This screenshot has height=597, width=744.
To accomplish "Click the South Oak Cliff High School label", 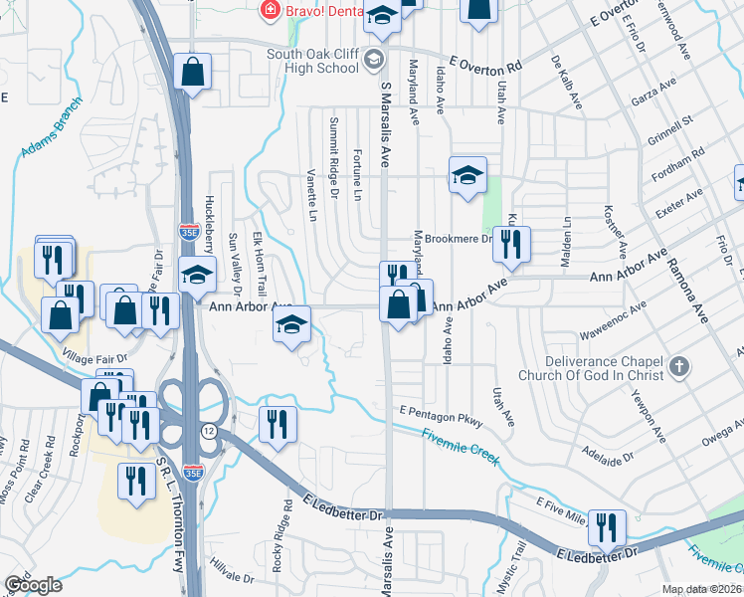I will [x=314, y=60].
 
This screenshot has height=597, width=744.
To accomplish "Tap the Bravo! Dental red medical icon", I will [x=269, y=11].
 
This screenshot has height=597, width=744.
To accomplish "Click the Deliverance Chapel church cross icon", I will [x=679, y=367].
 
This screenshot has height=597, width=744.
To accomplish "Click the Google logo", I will [x=33, y=585].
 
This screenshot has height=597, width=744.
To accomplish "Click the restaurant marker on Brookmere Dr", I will [x=511, y=244].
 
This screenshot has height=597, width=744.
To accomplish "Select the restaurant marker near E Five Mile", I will [x=606, y=526].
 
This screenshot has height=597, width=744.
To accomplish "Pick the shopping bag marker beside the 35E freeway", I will [x=193, y=73].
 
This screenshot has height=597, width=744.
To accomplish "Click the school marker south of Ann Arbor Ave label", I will [x=291, y=324].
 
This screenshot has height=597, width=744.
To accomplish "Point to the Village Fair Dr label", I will [x=95, y=356].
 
